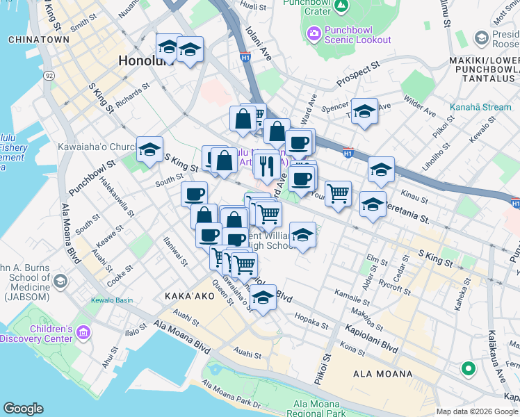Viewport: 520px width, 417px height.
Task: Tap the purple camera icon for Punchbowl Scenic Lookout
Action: tap(314, 33)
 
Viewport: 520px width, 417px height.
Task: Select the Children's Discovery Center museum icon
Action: tap(83, 333)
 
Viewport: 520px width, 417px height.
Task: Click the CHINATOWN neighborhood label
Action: tap(38, 40)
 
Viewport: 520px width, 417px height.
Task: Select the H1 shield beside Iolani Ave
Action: tap(245, 58)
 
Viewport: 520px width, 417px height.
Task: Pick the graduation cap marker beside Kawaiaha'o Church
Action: tap(149, 149)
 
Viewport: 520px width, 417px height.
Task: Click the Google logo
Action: tap(23, 409)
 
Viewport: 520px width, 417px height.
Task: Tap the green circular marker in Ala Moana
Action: tap(469, 368)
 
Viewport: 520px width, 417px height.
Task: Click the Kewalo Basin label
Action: tap(111, 300)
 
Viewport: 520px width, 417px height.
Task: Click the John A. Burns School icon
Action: tap(60, 281)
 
